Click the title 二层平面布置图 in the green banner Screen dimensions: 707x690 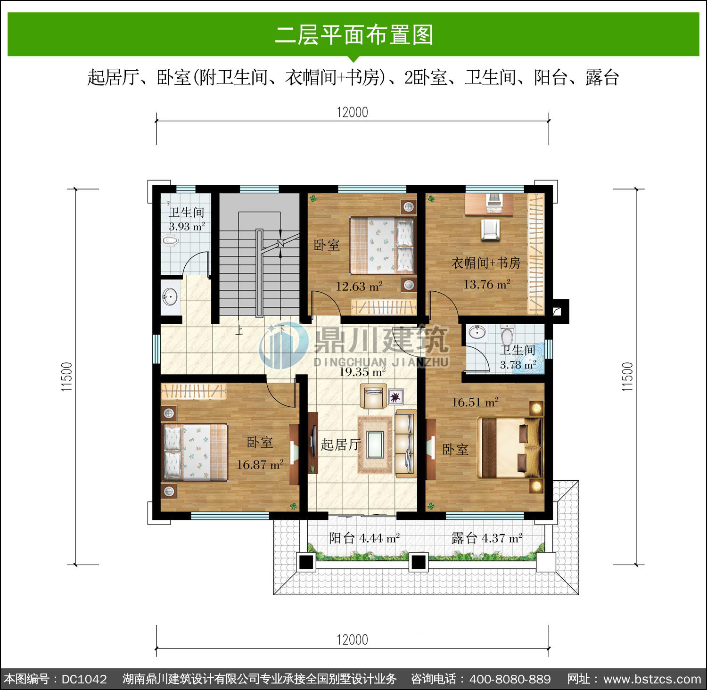point(354,35)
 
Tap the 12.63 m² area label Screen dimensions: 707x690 point(359,286)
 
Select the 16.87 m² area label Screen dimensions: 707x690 point(260,464)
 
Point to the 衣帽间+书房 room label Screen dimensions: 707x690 point(486,263)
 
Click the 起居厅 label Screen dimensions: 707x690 point(341,444)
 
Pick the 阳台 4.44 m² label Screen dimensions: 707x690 point(364,538)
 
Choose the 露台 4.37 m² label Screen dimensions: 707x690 point(487,538)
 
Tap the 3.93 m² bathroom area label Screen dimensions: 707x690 point(187,226)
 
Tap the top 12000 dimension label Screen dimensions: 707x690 point(353,112)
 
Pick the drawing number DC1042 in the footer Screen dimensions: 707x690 point(84,679)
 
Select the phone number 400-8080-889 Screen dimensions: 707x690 point(510,679)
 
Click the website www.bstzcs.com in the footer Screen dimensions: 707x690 point(652,679)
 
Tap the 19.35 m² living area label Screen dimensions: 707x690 point(363,371)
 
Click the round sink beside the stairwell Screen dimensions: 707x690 point(170,297)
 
